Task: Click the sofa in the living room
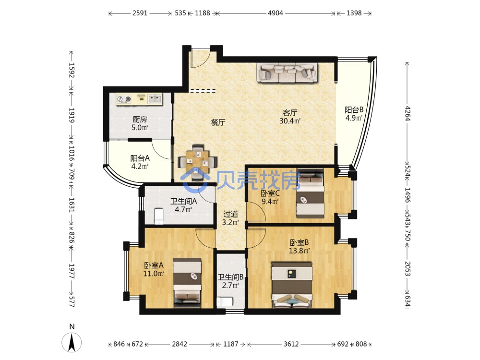pyautogui.click(x=287, y=73)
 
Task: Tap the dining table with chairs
pyautogui.click(x=197, y=162)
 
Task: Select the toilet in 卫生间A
pyautogui.click(x=159, y=216)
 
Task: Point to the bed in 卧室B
pyautogui.click(x=292, y=285)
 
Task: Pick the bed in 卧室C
pyautogui.click(x=310, y=193)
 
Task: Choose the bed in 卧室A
pyautogui.click(x=187, y=283)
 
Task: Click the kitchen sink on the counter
pyautogui.click(x=155, y=99)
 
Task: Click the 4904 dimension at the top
pyautogui.click(x=275, y=13)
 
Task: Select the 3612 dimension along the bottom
pyautogui.click(x=291, y=344)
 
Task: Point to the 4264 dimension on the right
pyautogui.click(x=408, y=113)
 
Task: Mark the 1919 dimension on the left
pyautogui.click(x=72, y=115)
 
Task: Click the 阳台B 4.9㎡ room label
pyautogui.click(x=354, y=114)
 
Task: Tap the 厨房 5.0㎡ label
pyautogui.click(x=140, y=123)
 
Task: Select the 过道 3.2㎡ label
pyautogui.click(x=230, y=218)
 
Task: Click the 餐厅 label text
pyautogui.click(x=218, y=122)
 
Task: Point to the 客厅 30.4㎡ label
pyautogui.click(x=290, y=117)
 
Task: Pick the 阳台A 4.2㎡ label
pyautogui.click(x=140, y=162)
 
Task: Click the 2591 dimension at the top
pyautogui.click(x=140, y=13)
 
